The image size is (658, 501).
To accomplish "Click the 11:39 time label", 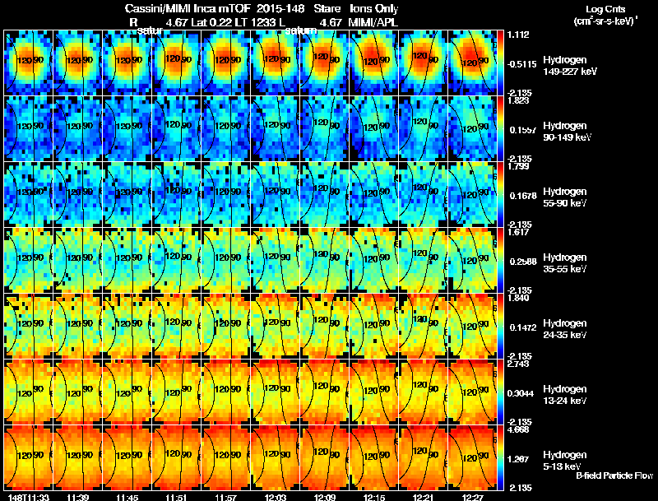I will click(x=78, y=497).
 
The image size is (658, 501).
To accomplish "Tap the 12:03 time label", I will click(x=276, y=497).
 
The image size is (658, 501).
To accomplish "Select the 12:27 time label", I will click(x=473, y=497).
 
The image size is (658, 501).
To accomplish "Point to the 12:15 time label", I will click(x=374, y=497).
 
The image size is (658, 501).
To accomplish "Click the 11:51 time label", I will click(x=177, y=497).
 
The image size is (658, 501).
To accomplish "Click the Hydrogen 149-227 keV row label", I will click(x=571, y=66).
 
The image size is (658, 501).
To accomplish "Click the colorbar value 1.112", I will click(x=518, y=35).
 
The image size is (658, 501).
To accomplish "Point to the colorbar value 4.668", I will click(x=518, y=429).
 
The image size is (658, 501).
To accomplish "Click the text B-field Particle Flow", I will click(x=614, y=475).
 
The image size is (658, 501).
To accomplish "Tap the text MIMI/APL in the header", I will click(x=373, y=22).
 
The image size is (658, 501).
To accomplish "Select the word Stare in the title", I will click(x=327, y=7).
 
